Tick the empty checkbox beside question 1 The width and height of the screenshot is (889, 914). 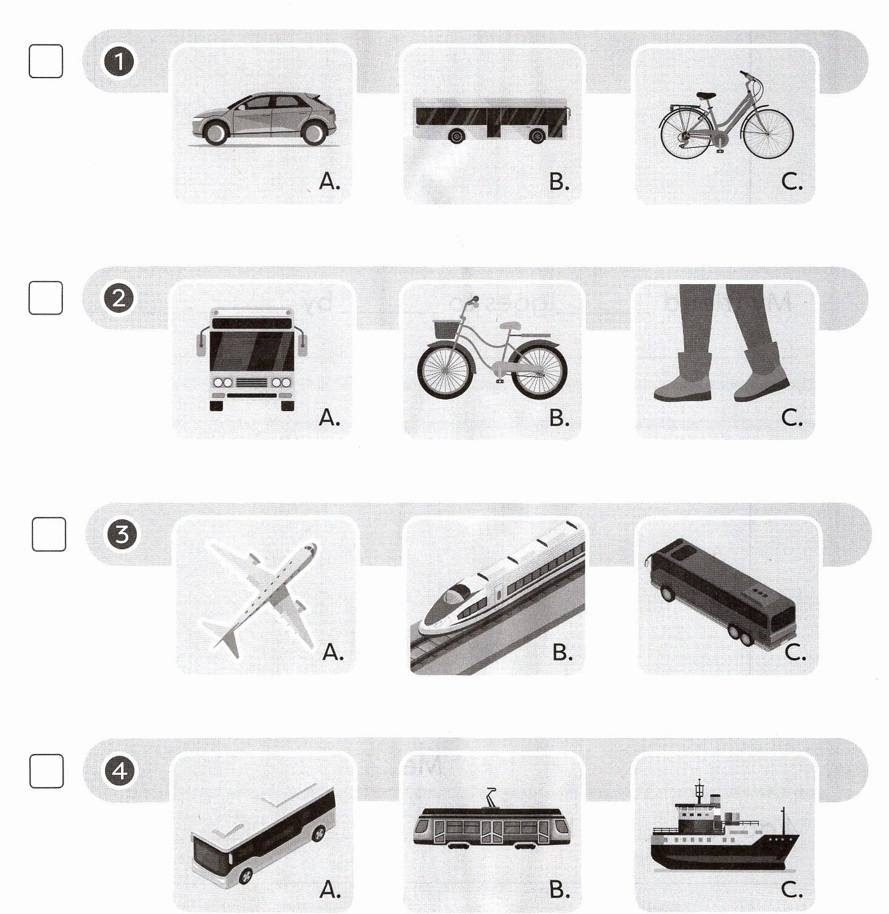tap(46, 61)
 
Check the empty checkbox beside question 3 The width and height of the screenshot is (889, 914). tap(48, 534)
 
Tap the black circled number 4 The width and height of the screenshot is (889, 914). tap(120, 772)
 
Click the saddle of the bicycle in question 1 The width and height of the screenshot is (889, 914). tap(706, 95)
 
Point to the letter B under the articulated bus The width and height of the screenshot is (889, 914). tap(559, 181)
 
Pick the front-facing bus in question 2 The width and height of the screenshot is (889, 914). tap(252, 359)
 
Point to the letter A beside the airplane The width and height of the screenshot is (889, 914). tap(333, 653)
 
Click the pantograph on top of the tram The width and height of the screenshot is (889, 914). tap(492, 798)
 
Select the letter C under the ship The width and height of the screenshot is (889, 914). tap(792, 890)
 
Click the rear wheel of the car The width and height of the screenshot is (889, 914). tap(314, 132)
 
